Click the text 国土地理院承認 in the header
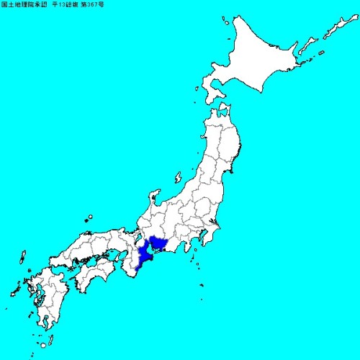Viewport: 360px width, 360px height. [24, 4]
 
